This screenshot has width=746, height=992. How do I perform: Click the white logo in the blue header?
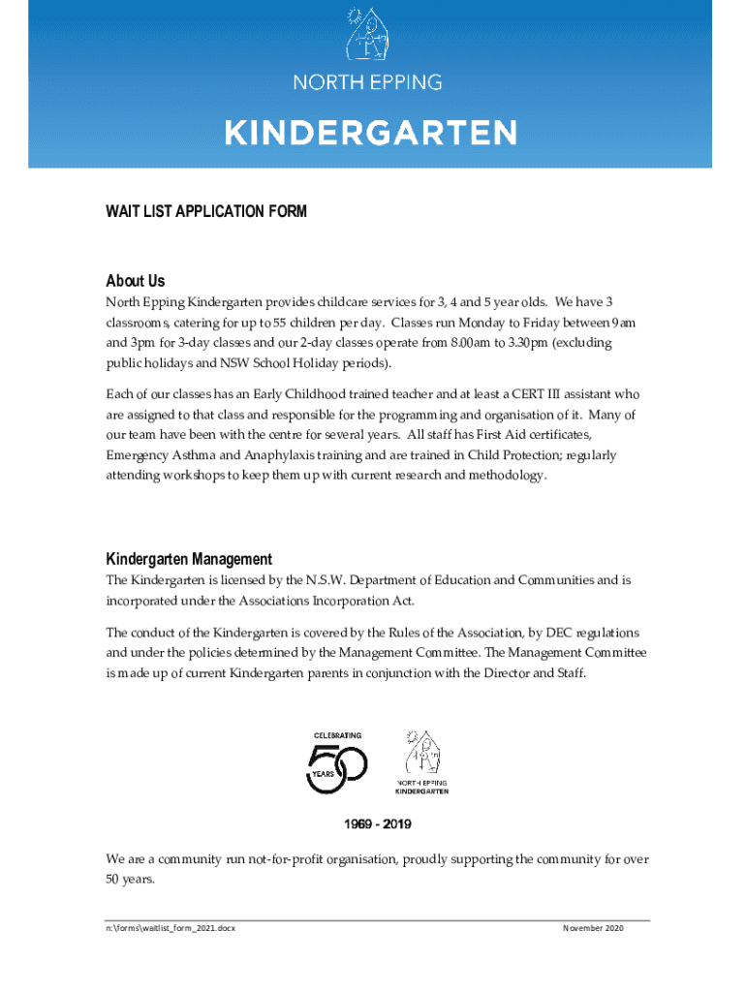point(368,36)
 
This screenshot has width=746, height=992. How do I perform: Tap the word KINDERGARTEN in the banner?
point(371,132)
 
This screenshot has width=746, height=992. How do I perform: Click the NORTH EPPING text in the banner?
point(368,82)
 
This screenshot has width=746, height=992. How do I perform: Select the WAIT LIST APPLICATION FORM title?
point(206,211)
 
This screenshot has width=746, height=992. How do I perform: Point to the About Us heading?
point(136,281)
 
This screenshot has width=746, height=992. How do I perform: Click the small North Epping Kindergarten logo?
point(421,761)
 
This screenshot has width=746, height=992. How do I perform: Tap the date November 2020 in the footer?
point(593,928)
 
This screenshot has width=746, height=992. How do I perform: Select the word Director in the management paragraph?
point(515,673)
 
